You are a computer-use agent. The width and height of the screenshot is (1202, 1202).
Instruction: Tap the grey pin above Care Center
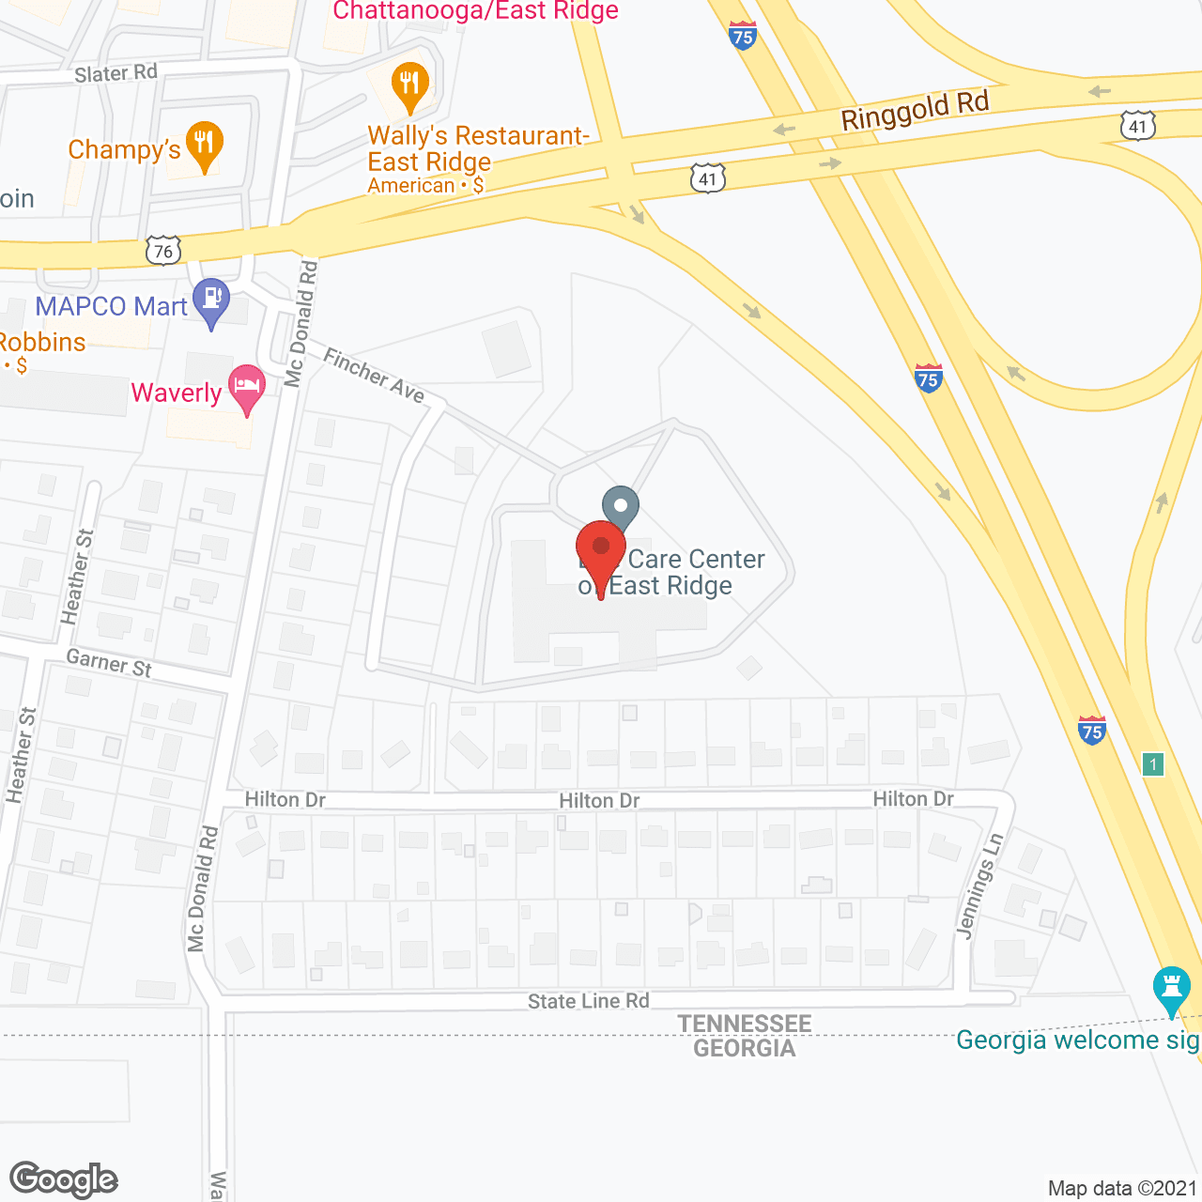tap(620, 507)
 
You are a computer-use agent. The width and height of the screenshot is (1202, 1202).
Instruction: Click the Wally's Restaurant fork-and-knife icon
tap(409, 85)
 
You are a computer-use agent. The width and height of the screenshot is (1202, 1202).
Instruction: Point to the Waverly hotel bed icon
tap(246, 388)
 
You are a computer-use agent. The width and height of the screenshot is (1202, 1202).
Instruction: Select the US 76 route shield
tap(163, 251)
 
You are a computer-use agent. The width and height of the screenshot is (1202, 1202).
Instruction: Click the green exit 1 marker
tap(1153, 763)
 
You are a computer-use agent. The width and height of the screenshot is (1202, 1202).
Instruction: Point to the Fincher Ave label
tap(374, 375)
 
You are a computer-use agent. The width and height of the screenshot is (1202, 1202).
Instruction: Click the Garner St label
tap(109, 663)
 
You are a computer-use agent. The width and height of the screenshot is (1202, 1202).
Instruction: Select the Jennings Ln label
tap(979, 885)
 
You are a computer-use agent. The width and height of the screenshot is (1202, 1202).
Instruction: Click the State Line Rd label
tap(588, 1001)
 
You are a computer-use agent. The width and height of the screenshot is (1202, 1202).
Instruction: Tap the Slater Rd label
tap(116, 72)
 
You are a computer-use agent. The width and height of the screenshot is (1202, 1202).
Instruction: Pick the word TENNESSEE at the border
tap(745, 1024)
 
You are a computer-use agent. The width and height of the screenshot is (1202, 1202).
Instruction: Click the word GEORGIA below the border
tap(745, 1048)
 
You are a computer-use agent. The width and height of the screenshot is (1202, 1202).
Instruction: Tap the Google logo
tap(64, 1180)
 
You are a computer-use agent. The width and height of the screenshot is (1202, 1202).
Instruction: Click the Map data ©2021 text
tap(1122, 1189)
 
